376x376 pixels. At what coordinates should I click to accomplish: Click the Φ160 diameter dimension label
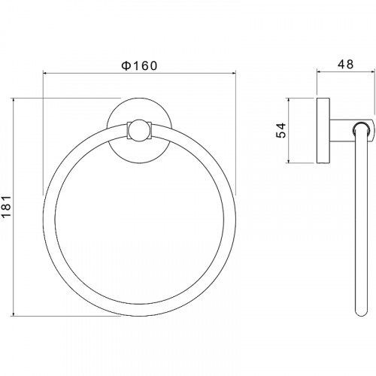coord(139,65)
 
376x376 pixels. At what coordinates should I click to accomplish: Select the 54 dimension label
coord(281,130)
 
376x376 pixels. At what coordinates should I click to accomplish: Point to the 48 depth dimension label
coord(346,65)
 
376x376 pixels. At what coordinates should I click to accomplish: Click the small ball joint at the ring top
coord(139,130)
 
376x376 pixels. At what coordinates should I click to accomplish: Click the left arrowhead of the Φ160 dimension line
coord(45,73)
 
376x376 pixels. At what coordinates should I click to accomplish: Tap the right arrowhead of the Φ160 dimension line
coord(234,73)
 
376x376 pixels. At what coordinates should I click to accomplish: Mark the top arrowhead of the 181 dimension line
coord(13,101)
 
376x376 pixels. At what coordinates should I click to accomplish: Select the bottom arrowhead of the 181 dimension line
coord(13,314)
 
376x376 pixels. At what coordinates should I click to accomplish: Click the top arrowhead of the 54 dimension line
coord(289,101)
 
